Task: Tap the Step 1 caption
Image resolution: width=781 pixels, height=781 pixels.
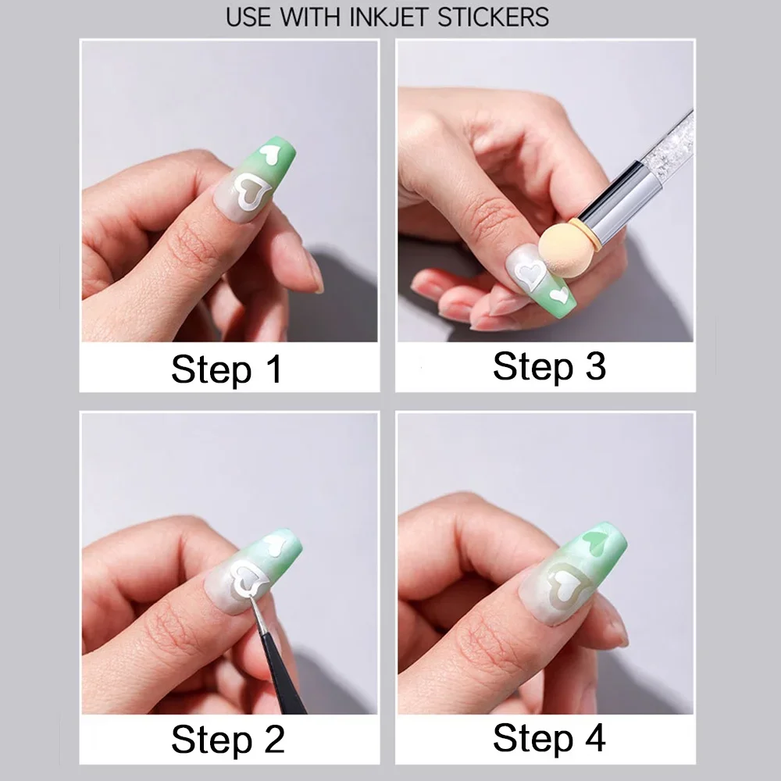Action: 226,369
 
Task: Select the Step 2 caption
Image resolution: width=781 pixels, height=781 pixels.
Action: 226,739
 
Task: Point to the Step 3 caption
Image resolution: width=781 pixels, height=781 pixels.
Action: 549,366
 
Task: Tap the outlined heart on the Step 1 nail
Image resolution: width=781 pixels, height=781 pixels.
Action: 252,192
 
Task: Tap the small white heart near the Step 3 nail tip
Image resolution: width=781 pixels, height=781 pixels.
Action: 559,295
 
